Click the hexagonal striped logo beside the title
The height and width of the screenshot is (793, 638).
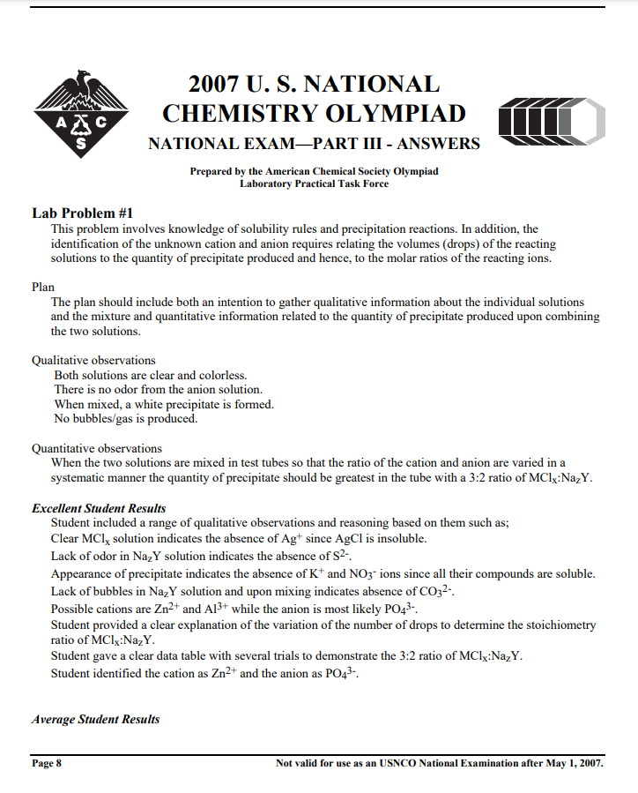point(552,119)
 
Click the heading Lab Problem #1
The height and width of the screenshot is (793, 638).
point(82,213)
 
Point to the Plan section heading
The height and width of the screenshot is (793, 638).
point(43,287)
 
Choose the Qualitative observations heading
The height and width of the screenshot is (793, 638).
point(93,360)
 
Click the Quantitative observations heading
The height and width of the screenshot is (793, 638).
point(97,448)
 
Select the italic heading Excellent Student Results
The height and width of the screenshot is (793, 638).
point(99,508)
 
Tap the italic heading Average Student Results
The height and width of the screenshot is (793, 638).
point(96,719)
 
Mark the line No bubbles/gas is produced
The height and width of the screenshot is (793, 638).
point(126,419)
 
